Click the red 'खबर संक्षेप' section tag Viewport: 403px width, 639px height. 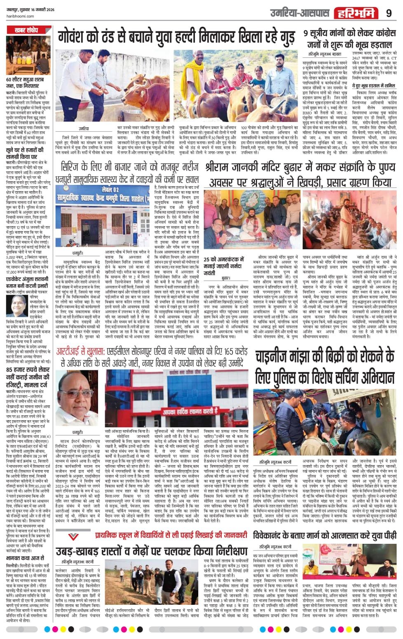coord(23,30)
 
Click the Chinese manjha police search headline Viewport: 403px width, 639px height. coord(324,366)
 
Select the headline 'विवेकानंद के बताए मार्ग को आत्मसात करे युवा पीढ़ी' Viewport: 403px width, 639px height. coord(324,535)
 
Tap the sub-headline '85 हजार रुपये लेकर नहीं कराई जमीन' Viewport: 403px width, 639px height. coord(28,376)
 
